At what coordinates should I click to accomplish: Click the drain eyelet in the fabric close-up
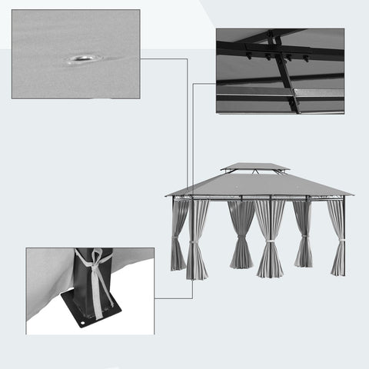point(82,58)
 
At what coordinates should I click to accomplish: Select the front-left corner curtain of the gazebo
point(197,238)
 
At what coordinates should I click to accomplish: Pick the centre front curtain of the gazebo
point(270,238)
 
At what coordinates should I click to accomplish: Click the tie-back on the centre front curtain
point(270,247)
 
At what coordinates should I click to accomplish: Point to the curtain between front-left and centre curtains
point(241,234)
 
